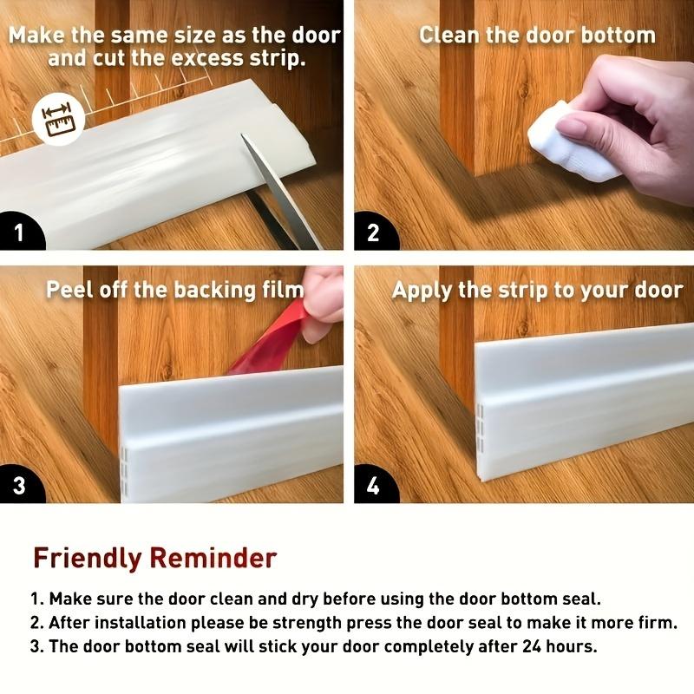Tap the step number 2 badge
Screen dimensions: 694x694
[374, 232]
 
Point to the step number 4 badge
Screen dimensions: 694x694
[374, 485]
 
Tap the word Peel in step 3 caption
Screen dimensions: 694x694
[70, 289]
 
